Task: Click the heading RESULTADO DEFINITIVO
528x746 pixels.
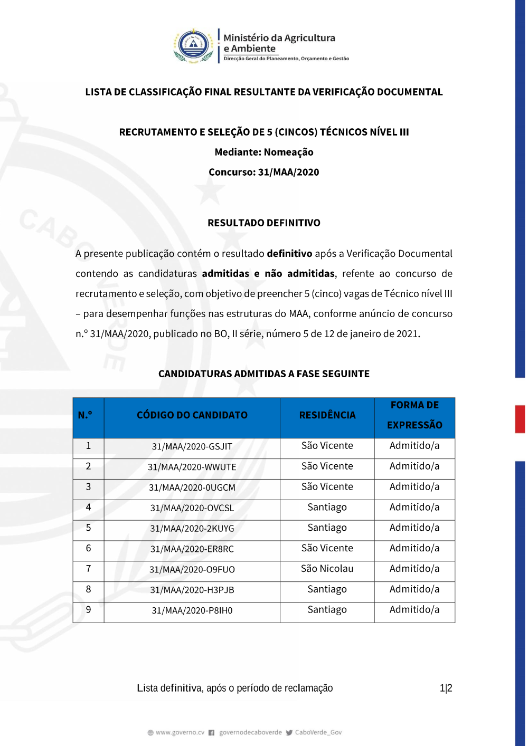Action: pos(264,223)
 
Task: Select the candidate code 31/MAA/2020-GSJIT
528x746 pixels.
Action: pos(192,446)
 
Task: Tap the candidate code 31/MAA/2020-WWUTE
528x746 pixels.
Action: pos(192,467)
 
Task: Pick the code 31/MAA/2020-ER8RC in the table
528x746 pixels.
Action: pos(192,549)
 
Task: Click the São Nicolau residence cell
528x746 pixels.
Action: pos(327,569)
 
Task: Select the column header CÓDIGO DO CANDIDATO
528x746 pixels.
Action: pos(192,415)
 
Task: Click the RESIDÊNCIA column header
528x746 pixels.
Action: pos(327,415)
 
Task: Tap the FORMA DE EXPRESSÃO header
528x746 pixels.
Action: pos(414,415)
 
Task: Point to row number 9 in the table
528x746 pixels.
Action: pos(88,610)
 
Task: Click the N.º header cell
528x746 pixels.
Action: pos(85,415)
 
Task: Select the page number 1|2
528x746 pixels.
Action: pos(446,688)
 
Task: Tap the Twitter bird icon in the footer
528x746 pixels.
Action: pos(289,732)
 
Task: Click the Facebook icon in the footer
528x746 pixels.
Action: pos(211,732)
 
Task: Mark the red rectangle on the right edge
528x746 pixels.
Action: pos(520,419)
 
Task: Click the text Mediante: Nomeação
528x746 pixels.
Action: pos(264,152)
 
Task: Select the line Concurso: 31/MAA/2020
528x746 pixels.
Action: pos(264,172)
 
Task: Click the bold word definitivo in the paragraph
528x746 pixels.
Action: pos(289,254)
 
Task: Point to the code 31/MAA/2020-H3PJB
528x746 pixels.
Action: pos(192,590)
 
